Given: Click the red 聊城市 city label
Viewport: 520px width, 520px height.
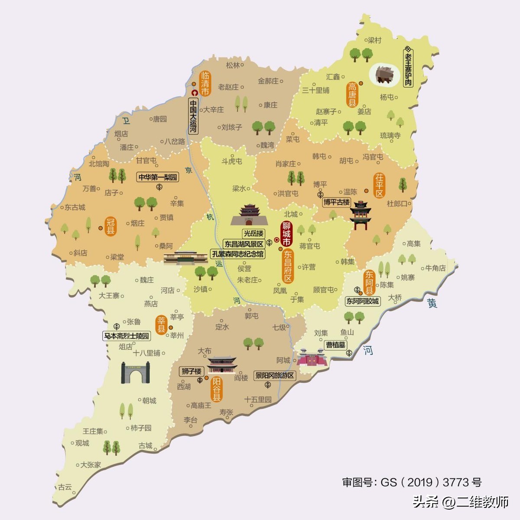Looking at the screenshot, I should pyautogui.click(x=286, y=234).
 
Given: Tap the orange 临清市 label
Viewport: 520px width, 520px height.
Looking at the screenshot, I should pyautogui.click(x=205, y=83).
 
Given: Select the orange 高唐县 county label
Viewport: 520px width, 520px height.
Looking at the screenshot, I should pyautogui.click(x=352, y=94).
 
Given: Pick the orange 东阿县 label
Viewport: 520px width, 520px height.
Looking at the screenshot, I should pyautogui.click(x=369, y=282).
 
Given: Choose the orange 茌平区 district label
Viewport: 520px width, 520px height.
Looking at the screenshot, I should pyautogui.click(x=380, y=185).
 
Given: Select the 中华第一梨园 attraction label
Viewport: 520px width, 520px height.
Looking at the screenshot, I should pyautogui.click(x=158, y=177).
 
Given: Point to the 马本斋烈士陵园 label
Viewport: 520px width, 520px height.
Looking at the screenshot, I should pyautogui.click(x=126, y=336).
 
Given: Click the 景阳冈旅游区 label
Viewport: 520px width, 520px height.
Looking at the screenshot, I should pyautogui.click(x=275, y=375).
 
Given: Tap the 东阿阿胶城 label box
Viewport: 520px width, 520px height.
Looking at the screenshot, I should pyautogui.click(x=362, y=301).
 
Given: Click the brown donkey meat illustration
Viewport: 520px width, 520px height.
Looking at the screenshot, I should pyautogui.click(x=384, y=75).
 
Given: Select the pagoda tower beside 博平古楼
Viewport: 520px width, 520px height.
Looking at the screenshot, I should pyautogui.click(x=361, y=214).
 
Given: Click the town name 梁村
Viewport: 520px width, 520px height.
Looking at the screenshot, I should pyautogui.click(x=374, y=40).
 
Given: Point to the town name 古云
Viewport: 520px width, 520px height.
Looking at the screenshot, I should pyautogui.click(x=65, y=487).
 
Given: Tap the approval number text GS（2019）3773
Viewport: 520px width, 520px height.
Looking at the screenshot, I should pyautogui.click(x=412, y=482).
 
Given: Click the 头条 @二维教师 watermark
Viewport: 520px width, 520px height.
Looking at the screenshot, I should pyautogui.click(x=460, y=502).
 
